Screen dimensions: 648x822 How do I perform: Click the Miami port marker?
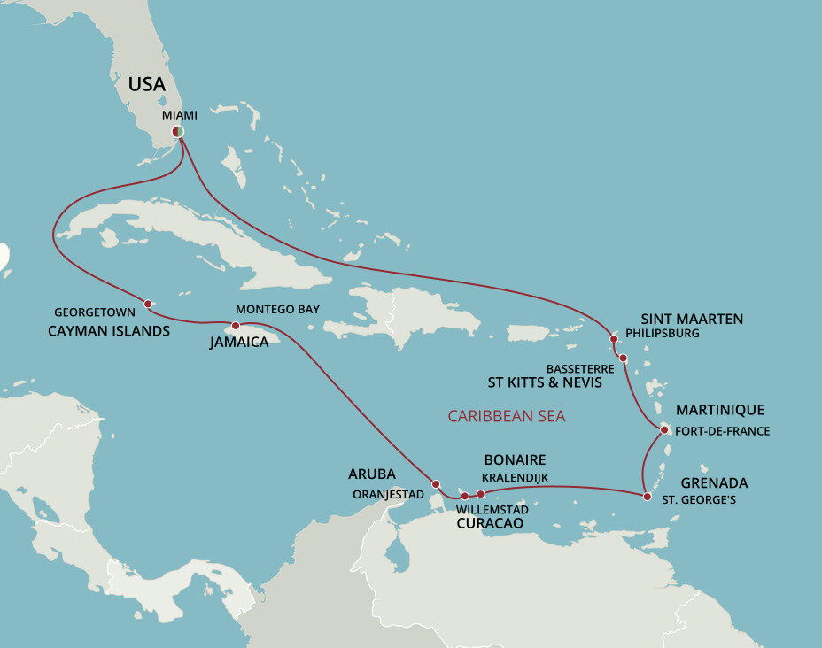(178, 132)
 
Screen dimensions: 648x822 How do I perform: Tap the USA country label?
(146, 84)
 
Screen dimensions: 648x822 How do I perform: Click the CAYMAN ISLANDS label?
(108, 331)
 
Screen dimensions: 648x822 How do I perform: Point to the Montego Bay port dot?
(236, 325)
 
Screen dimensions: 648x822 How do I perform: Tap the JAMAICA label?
(239, 342)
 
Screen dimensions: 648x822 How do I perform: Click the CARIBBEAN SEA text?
(506, 415)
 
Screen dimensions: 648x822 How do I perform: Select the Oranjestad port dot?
(436, 483)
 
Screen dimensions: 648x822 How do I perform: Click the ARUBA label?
(372, 474)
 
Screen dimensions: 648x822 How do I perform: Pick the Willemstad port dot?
(464, 496)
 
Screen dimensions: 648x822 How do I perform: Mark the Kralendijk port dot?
(480, 494)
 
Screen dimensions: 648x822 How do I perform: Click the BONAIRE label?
(515, 460)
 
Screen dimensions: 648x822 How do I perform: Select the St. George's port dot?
(647, 497)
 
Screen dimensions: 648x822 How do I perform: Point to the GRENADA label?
(714, 483)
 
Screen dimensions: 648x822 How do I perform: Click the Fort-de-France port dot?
(665, 430)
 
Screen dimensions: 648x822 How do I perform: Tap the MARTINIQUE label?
(719, 410)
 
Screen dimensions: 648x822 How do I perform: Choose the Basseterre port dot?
(624, 359)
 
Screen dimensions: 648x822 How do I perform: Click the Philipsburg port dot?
(614, 338)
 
